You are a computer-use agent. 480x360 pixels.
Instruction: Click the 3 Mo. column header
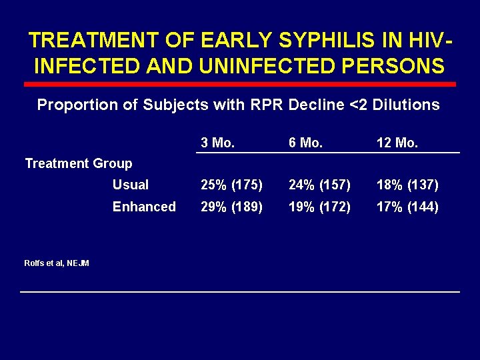(217, 142)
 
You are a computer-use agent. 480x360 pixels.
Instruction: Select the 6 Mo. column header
(305, 142)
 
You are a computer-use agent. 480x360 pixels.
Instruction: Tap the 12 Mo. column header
(397, 142)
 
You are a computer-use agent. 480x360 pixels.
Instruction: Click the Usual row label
(131, 185)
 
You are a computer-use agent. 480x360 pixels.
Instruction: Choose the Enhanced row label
(144, 207)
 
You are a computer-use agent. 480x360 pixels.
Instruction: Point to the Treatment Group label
(79, 163)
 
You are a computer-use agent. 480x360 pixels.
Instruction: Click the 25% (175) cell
(232, 185)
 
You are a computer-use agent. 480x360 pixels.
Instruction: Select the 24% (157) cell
(319, 185)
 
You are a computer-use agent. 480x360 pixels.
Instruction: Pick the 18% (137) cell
(407, 185)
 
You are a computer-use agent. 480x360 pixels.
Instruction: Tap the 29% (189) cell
(232, 207)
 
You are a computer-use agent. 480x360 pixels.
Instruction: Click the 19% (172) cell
(319, 207)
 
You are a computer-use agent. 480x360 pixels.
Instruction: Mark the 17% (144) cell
(407, 207)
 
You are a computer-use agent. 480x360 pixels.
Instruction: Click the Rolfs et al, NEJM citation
(57, 263)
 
